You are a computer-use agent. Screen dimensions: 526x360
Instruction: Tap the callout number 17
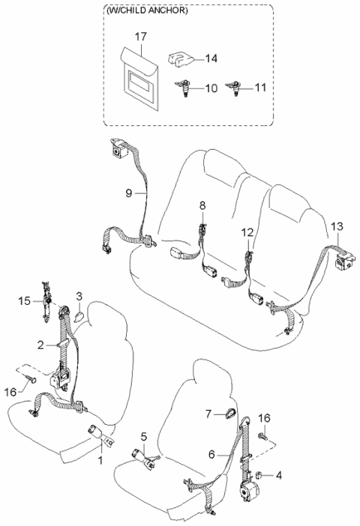tap(140, 36)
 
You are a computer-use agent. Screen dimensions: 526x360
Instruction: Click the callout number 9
tap(130, 193)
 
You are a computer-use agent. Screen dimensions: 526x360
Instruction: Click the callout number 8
tap(202, 205)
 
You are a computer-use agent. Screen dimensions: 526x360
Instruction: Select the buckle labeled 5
tap(142, 456)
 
